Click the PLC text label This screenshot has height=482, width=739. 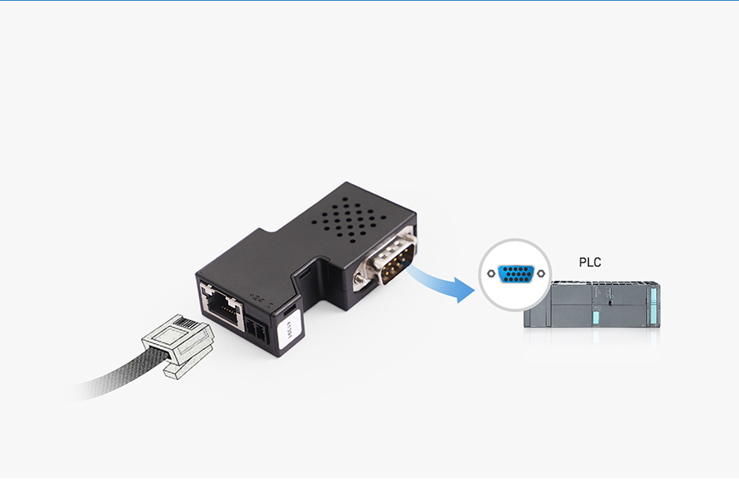(590, 263)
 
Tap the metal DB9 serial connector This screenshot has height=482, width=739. (388, 264)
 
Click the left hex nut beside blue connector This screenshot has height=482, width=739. (491, 274)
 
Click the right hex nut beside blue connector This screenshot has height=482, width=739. (540, 274)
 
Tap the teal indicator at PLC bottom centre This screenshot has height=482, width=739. (597, 317)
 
